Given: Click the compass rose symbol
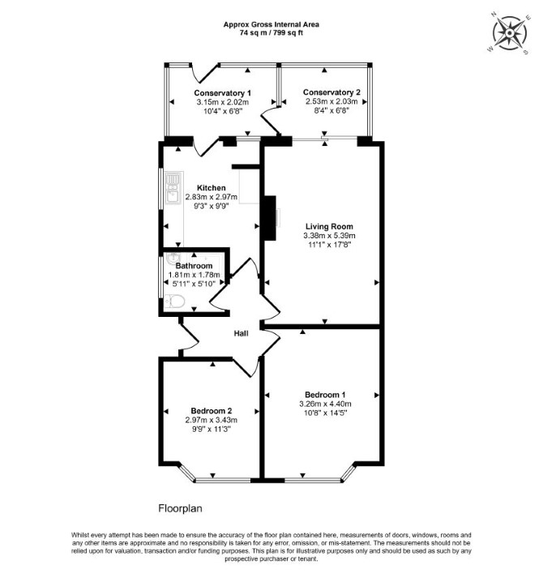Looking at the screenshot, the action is (509, 33).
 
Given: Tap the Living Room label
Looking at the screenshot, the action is (329, 227).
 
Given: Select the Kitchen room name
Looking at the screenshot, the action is (212, 188).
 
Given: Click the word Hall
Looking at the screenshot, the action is (242, 333).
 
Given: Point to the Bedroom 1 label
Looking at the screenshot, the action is (325, 395).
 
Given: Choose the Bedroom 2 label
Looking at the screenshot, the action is (212, 411).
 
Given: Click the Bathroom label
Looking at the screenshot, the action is (194, 266).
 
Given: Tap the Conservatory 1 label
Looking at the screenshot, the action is (223, 93).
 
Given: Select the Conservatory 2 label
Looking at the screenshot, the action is (331, 92).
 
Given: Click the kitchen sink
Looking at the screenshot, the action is (173, 188).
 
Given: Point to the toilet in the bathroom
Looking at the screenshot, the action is (175, 301).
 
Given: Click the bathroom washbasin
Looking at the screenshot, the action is (172, 258).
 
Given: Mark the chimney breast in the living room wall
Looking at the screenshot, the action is (270, 218).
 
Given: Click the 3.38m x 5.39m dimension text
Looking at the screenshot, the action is (329, 236).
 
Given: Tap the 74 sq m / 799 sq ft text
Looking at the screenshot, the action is (271, 33).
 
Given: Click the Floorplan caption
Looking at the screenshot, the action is (180, 508).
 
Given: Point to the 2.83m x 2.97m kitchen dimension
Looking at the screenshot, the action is (212, 197).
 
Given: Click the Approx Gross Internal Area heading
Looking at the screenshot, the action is (271, 24).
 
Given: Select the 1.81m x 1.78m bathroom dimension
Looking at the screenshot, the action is (194, 275).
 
